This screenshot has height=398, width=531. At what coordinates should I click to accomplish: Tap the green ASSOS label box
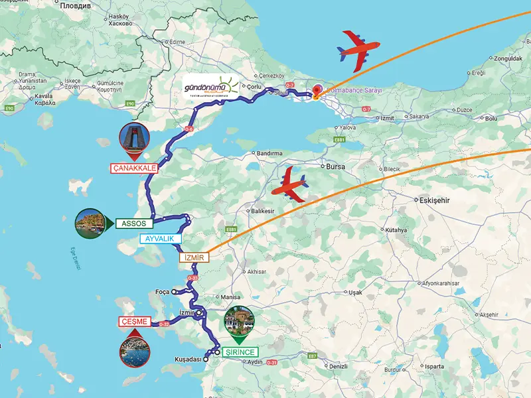(134, 224)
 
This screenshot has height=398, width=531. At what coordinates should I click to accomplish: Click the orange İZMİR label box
(194, 257)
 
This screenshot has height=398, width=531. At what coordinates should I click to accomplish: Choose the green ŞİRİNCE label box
(239, 352)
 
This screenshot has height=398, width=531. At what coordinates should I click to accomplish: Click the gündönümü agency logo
(210, 86)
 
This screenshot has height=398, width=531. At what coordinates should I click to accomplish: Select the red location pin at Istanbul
(317, 92)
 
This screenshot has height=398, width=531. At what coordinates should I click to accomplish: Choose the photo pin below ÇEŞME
(135, 351)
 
